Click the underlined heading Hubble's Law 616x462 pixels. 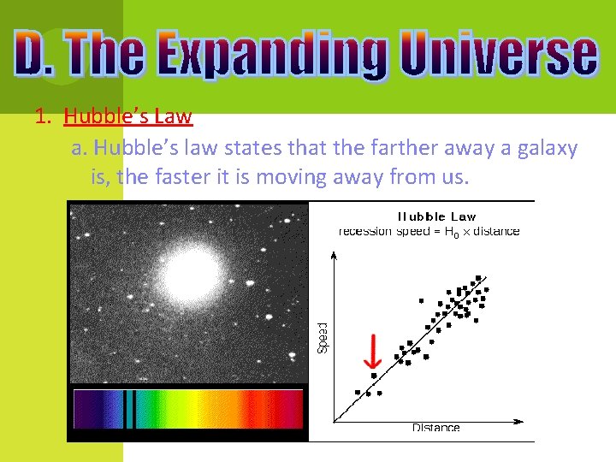(127, 116)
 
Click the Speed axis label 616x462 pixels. (323, 337)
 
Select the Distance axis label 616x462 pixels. (435, 427)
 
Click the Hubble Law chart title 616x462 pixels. (436, 216)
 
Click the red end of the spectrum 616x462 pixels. (287, 409)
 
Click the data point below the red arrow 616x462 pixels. (373, 376)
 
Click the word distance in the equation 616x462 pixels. (496, 231)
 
